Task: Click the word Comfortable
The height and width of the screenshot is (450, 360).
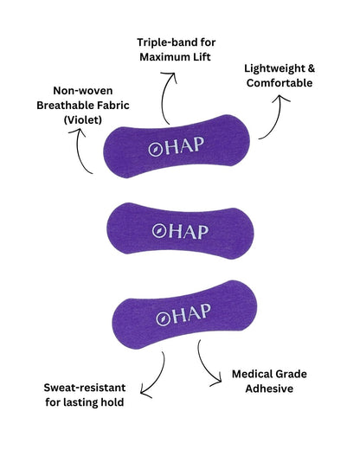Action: (x=280, y=83)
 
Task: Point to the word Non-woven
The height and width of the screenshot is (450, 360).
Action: (x=83, y=91)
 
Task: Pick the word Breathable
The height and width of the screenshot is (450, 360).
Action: (x=65, y=106)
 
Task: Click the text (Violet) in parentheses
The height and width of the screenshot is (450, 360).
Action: (x=83, y=119)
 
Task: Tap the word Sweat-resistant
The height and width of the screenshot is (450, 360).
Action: (x=85, y=388)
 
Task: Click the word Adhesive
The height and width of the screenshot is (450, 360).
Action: (x=269, y=389)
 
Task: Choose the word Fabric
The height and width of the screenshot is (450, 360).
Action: (x=112, y=106)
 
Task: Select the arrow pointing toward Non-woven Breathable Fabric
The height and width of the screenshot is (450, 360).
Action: (x=79, y=150)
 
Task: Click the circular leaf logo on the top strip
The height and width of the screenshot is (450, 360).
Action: (x=154, y=150)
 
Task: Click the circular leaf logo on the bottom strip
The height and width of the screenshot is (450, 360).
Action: (x=163, y=319)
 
